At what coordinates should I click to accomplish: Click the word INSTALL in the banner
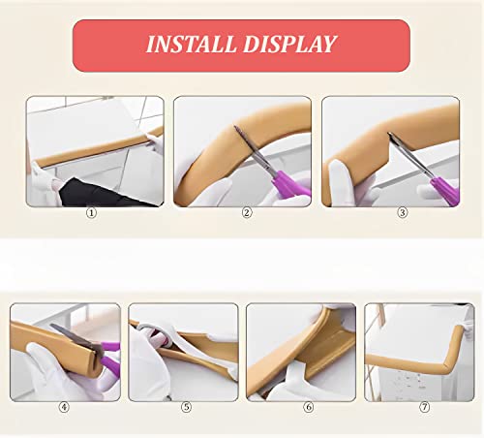190,45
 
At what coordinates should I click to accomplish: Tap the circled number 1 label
92,212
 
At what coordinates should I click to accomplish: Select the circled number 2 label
247,212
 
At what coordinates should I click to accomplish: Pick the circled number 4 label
65,407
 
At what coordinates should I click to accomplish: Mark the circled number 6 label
308,407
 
